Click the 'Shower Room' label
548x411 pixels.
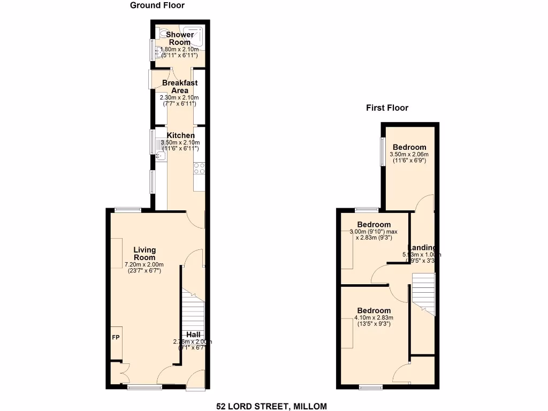tap(180, 39)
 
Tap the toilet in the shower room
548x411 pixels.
tap(162, 33)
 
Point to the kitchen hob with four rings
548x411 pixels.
tap(199, 169)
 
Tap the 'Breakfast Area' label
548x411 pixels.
tap(180, 87)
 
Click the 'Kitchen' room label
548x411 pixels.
tap(180, 135)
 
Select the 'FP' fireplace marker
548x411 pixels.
tap(116, 338)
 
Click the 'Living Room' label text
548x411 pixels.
tap(144, 254)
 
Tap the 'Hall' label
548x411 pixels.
tap(194, 334)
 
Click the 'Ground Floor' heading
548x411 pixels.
tap(157, 5)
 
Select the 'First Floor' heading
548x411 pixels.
tap(387, 108)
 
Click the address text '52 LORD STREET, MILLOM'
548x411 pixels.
tap(271, 406)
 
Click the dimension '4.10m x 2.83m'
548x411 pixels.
tap(374, 318)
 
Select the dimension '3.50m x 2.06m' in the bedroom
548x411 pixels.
tap(409, 154)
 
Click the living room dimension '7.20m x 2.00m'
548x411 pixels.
tap(144, 264)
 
